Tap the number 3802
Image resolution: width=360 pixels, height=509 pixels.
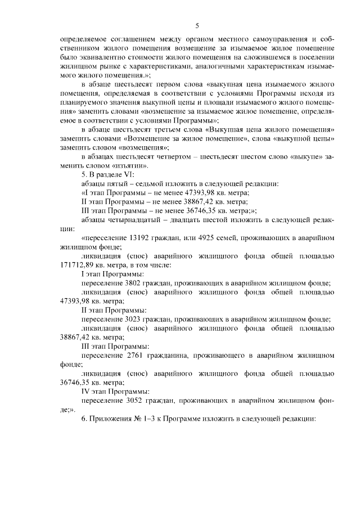(x=130, y=283)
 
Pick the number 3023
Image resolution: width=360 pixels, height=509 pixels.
(x=132, y=319)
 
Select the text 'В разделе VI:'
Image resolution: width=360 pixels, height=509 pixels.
(x=113, y=175)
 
